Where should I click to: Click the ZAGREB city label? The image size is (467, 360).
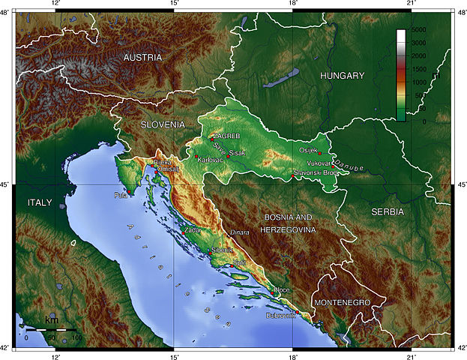point(227,136)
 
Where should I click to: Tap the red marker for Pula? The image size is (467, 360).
point(130,193)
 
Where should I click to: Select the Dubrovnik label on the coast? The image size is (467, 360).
point(281,316)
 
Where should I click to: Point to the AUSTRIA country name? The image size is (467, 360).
point(142,58)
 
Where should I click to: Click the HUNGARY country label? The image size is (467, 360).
point(341,76)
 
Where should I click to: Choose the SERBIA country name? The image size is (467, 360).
point(388,212)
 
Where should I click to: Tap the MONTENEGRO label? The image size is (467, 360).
point(342,301)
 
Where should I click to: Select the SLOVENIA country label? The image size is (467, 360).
point(162,124)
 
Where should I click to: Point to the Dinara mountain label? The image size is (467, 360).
point(239,232)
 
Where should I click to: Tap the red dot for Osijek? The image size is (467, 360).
point(319,153)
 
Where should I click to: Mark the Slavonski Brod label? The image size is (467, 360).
point(317,172)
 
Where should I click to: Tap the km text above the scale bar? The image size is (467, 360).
point(52,320)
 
